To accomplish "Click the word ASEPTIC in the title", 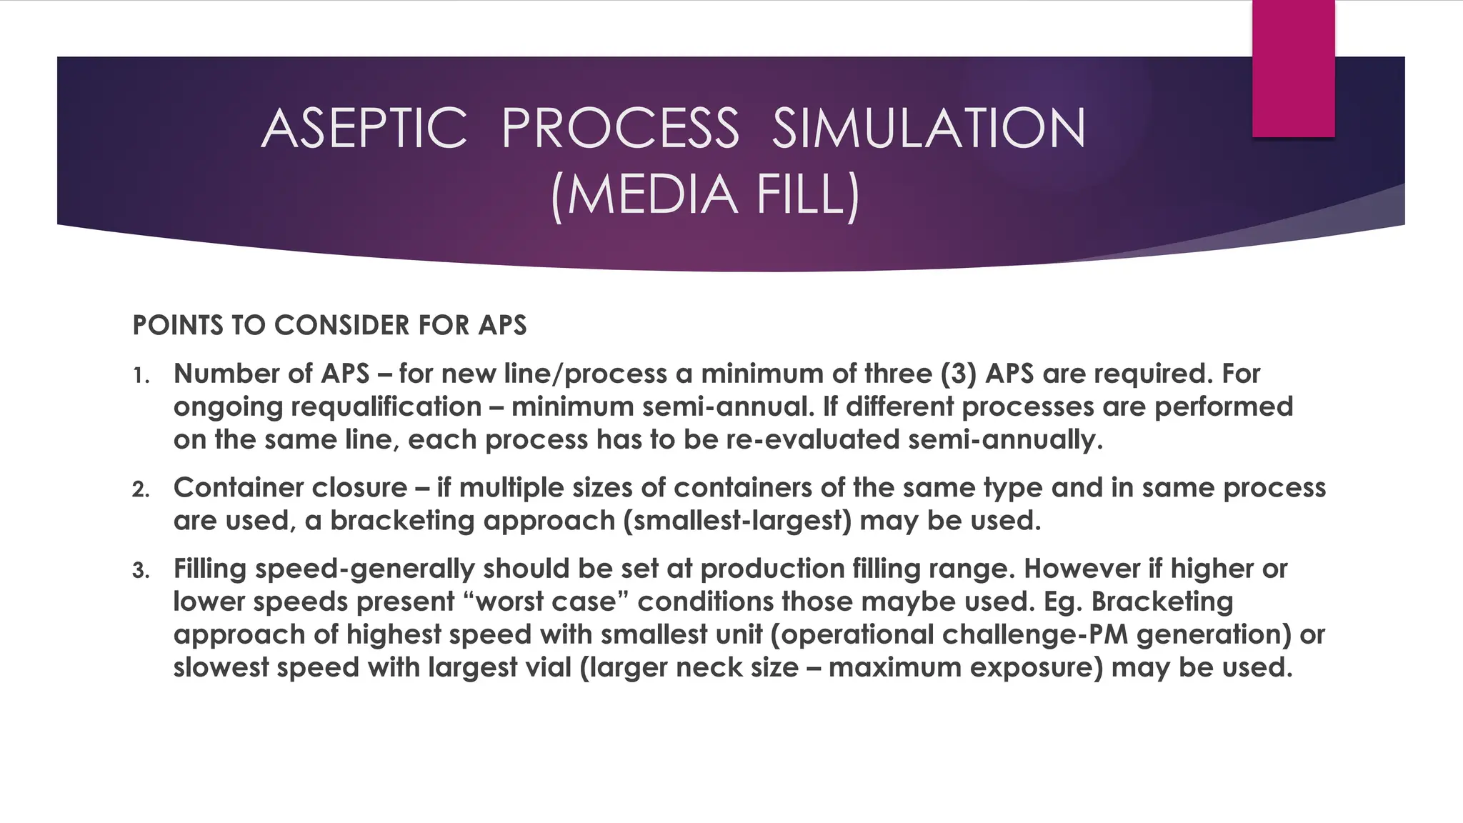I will (364, 129).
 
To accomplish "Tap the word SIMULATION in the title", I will (929, 129).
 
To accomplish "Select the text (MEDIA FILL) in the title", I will (705, 194).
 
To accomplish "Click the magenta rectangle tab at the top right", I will (1293, 68).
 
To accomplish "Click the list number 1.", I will (140, 376).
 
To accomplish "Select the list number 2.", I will (140, 490).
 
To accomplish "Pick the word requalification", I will (386, 407).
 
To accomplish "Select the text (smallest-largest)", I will (737, 521).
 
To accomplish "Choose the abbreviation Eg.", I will (1063, 602).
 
